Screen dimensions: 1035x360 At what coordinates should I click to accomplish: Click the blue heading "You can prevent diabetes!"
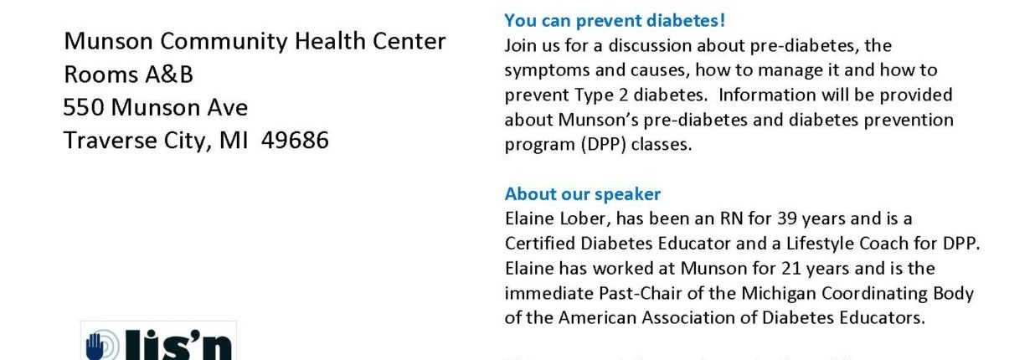point(615,21)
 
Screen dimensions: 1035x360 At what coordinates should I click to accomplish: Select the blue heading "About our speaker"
point(582,194)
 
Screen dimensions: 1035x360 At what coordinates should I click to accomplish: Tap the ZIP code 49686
point(295,140)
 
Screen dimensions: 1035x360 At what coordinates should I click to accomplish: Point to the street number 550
point(83,107)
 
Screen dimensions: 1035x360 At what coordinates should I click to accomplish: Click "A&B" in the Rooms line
point(169,75)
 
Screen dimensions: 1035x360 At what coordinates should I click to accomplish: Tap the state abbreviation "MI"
point(234,140)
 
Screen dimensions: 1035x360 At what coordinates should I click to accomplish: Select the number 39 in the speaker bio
point(787,219)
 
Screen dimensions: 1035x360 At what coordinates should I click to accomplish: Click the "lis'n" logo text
point(178,345)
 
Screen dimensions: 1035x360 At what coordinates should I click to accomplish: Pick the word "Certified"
point(539,244)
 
